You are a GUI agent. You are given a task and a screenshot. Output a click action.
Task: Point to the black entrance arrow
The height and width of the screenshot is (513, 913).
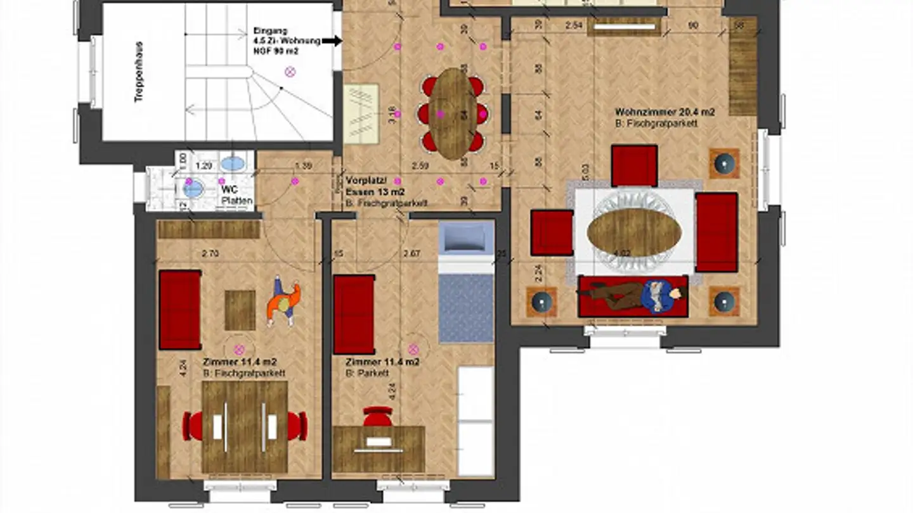tap(332, 41)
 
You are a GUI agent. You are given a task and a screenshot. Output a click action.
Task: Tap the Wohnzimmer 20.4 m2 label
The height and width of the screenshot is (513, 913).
tap(664, 112)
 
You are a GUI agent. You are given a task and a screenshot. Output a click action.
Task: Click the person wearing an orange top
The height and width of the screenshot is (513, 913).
tap(283, 301)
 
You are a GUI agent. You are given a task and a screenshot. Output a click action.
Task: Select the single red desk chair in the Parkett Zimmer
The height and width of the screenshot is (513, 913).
tap(378, 417)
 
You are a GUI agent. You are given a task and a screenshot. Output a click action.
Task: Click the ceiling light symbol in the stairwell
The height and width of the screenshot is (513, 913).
tap(291, 72)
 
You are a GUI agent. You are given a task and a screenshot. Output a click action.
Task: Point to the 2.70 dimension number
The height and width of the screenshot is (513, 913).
tap(210, 254)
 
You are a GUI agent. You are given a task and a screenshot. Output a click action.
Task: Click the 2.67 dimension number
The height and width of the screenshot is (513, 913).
tap(412, 254)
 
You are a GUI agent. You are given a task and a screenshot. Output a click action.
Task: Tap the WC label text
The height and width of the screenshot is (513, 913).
tap(228, 188)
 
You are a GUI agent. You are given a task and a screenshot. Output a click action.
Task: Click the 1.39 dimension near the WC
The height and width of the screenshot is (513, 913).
tap(304, 166)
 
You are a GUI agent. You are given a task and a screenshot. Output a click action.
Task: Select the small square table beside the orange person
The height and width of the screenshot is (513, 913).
tap(240, 310)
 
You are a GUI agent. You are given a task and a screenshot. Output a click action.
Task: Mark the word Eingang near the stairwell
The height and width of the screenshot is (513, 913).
tap(270, 30)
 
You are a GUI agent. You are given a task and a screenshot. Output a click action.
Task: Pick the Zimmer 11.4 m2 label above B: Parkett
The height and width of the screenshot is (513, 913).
tap(382, 362)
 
